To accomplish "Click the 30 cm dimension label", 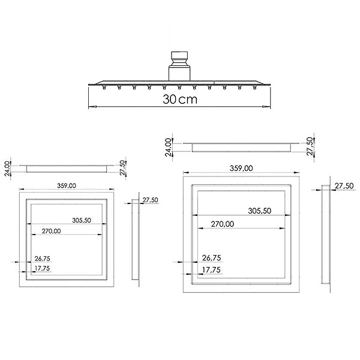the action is point(180,99).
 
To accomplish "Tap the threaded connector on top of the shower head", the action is point(179,58).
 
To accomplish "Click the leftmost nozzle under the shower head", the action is point(104,87).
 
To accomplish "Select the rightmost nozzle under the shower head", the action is point(254,87).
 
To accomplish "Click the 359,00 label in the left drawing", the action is point(67,185).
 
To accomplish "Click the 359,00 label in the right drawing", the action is point(241,168).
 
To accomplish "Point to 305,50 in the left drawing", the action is point(82,220).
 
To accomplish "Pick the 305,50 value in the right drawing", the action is point(260,211).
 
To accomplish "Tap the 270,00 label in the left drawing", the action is point(51,231).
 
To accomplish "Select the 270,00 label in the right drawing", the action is point(223,224).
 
